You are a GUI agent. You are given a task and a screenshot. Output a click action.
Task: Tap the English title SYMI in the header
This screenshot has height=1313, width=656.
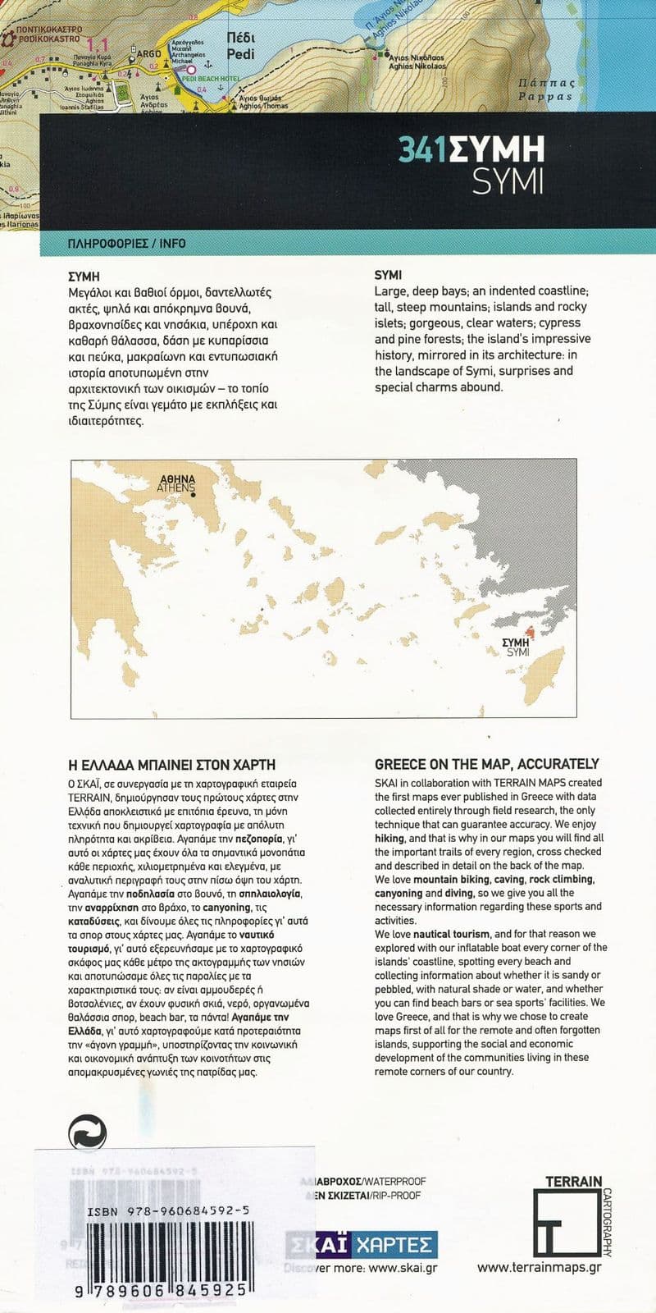point(508,181)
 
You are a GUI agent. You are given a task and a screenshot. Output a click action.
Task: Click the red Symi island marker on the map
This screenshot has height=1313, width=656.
point(530,632)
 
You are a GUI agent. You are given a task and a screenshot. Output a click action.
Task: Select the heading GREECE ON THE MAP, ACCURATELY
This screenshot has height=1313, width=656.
point(486,763)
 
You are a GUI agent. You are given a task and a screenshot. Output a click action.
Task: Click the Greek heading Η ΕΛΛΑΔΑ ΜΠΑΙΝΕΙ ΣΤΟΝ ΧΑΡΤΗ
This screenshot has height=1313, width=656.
point(171,763)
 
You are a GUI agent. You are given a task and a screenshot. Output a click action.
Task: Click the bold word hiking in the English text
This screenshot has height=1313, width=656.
point(389,838)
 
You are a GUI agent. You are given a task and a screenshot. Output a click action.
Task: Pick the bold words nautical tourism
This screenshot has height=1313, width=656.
point(451,934)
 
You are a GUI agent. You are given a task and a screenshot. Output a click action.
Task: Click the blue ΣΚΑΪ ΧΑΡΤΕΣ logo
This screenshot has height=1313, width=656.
point(361,1245)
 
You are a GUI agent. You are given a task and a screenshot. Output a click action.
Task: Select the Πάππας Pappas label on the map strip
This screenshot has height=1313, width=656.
point(544,89)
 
